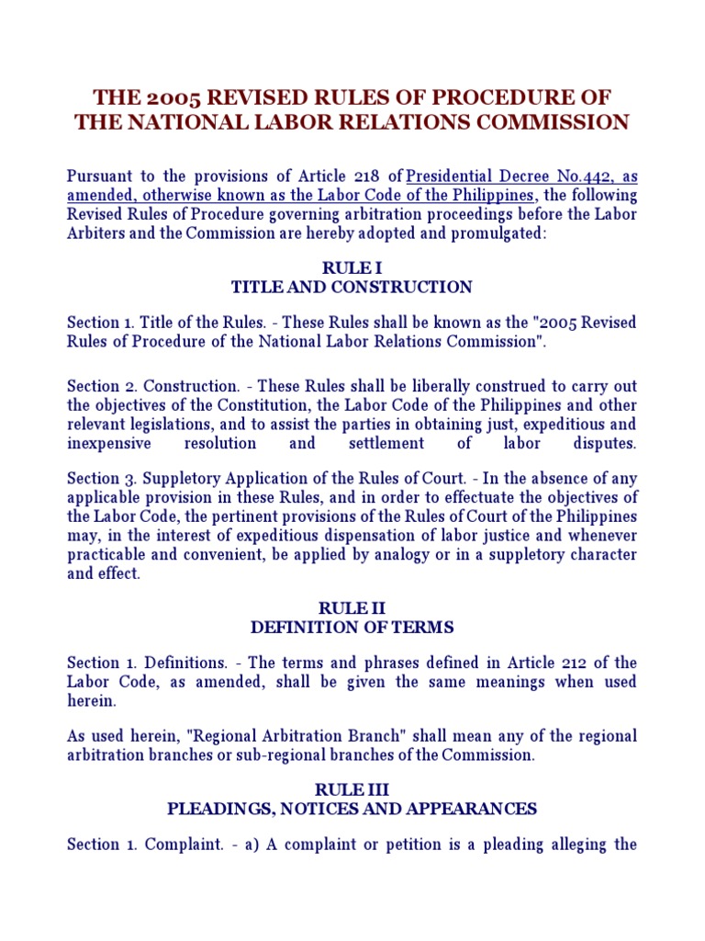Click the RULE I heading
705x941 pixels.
pos(352,267)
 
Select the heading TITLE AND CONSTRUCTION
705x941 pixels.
pos(352,287)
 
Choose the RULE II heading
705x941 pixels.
pos(352,608)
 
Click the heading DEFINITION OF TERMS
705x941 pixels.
pos(352,628)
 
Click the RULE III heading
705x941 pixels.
pos(352,790)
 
